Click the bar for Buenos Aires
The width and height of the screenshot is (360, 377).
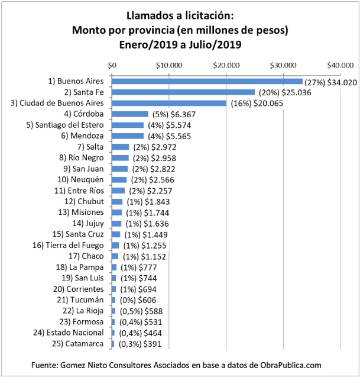tap(207, 81)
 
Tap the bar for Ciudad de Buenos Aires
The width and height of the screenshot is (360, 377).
tap(169, 103)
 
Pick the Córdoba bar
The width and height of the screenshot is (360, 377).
tap(130, 114)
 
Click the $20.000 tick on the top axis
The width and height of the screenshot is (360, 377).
tap(226, 65)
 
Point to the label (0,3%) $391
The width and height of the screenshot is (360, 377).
tap(135, 344)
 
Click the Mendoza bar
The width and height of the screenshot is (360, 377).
tap(128, 136)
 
